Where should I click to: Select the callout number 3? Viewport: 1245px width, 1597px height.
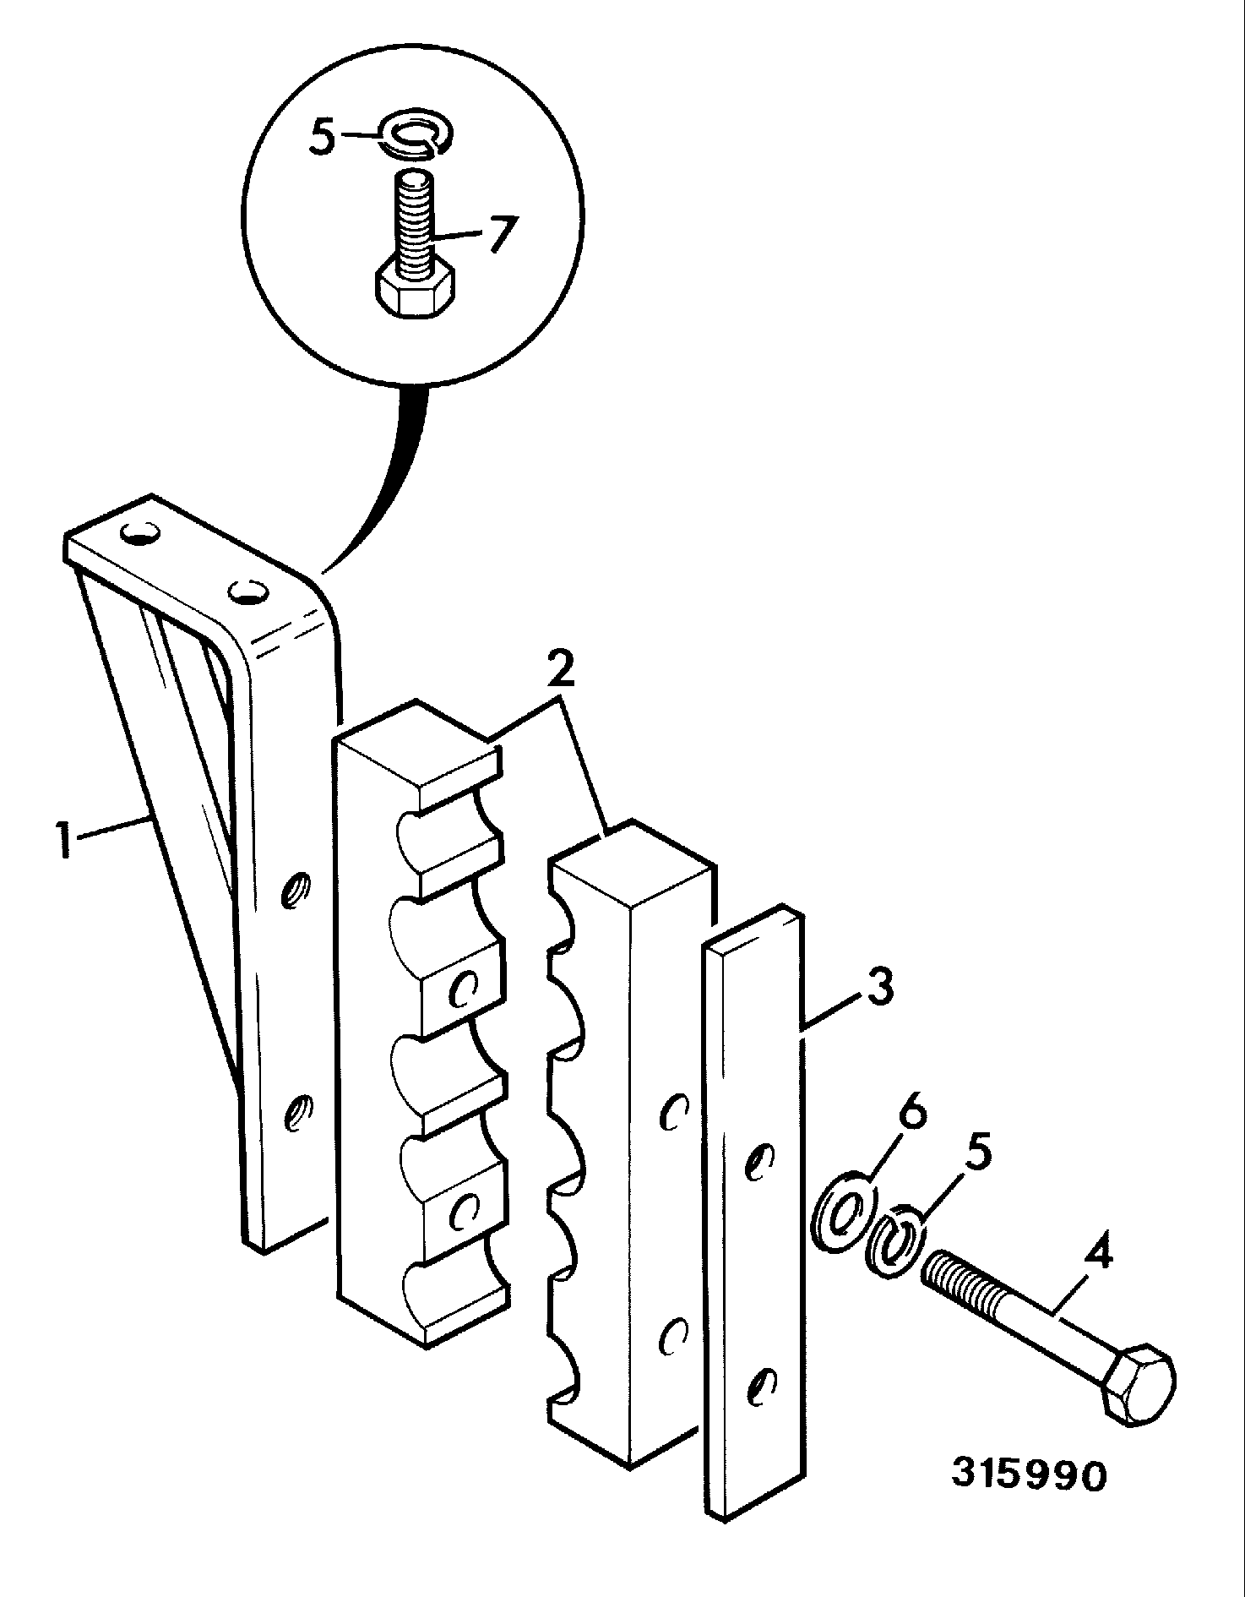coord(878,988)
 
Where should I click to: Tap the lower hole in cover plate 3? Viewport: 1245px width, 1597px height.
coord(762,1385)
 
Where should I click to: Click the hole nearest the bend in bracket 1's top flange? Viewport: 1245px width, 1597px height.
coord(246,591)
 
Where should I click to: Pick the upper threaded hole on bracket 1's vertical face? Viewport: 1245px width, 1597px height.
coord(296,890)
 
